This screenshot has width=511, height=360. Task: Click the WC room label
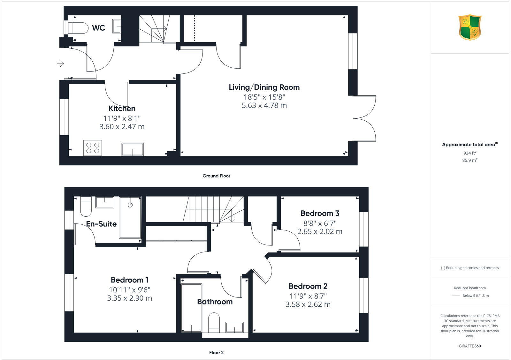(x=98, y=28)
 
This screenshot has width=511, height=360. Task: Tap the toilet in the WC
(x=78, y=28)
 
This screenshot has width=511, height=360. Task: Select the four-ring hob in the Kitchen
(x=93, y=148)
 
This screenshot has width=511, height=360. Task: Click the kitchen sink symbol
(x=133, y=149)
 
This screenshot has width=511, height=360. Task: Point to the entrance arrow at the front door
(x=60, y=64)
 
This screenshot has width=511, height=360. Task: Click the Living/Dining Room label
(x=264, y=87)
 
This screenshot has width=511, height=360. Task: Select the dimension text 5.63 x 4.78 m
(x=264, y=105)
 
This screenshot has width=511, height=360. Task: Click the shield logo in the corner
(x=470, y=27)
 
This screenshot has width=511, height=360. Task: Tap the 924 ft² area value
(x=470, y=153)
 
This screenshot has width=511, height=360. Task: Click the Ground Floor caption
(x=216, y=176)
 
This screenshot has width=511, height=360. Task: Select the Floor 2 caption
(x=216, y=353)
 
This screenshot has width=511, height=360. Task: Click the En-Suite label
(x=101, y=224)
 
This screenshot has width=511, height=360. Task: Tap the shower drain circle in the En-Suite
(x=130, y=205)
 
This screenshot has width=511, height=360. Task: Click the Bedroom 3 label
(x=320, y=213)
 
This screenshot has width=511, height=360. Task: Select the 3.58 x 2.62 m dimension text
(x=308, y=304)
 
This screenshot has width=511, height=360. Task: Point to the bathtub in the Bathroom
(x=191, y=308)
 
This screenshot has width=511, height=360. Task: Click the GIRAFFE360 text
(x=470, y=346)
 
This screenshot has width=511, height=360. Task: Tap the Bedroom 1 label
(x=129, y=280)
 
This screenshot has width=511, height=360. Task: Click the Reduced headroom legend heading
(x=470, y=288)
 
